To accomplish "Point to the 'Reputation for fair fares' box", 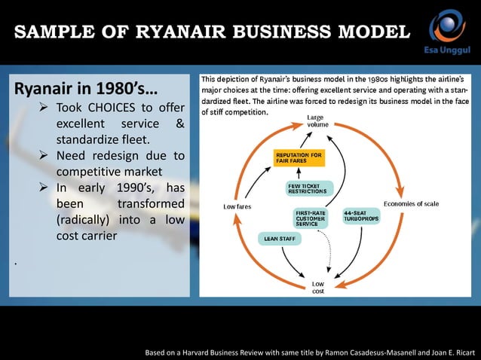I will (298, 159).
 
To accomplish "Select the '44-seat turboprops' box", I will (362, 215).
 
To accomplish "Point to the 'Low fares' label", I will (238, 206).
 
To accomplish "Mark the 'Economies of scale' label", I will (411, 203).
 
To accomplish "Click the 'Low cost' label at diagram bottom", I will (318, 287).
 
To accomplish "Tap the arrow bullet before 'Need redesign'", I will (46, 157).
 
